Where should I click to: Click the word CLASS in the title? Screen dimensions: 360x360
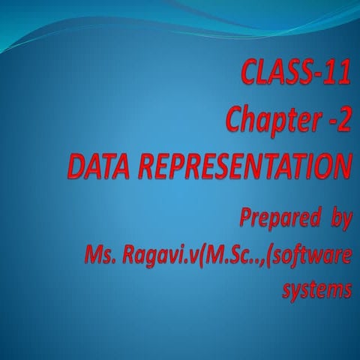[273, 74]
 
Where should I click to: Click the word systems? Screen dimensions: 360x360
[316, 289]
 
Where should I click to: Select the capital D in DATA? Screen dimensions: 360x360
[75, 166]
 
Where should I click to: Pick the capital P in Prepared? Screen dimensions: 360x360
[247, 220]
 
